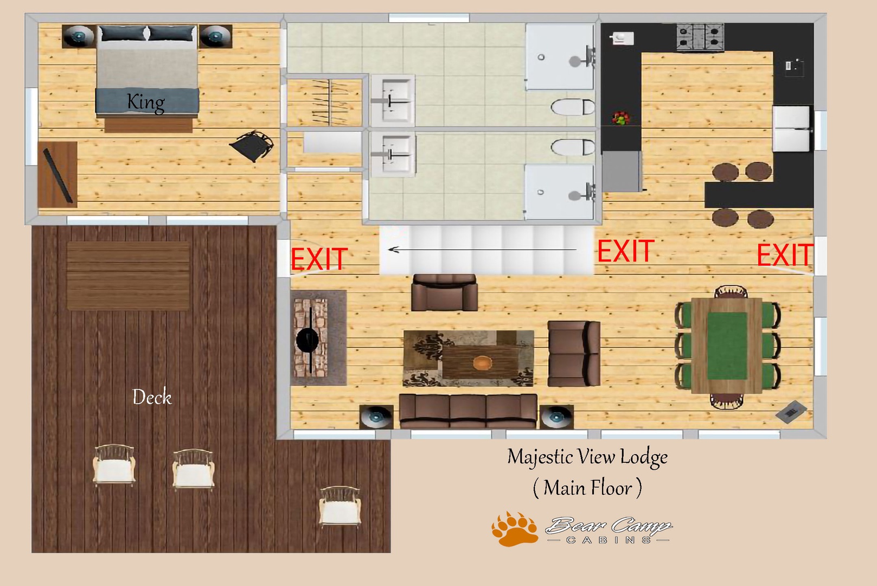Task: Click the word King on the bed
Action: [146, 103]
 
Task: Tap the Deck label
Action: [152, 397]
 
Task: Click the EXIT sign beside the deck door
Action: [319, 259]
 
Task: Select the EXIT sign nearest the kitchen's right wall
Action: [785, 254]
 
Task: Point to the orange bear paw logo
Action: [515, 529]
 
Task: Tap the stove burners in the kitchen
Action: [700, 36]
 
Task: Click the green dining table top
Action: [727, 346]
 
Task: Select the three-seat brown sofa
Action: [468, 411]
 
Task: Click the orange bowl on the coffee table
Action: [482, 363]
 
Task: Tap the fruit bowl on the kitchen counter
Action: [620, 118]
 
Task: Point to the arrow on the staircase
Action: [482, 249]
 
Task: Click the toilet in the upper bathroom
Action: [573, 107]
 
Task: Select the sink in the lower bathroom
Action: [393, 154]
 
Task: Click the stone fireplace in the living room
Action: [311, 337]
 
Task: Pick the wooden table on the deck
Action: [129, 276]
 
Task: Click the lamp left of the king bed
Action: [79, 36]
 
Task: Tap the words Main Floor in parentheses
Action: [588, 488]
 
